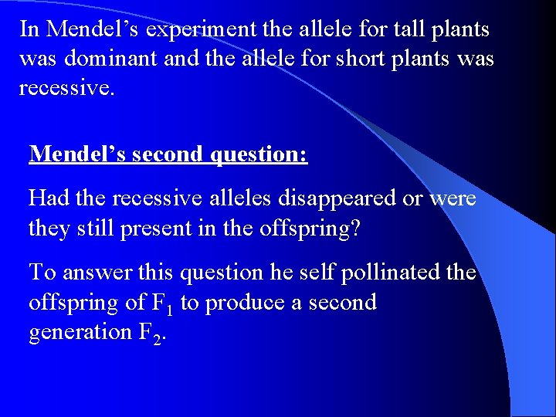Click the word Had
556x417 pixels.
click(49, 198)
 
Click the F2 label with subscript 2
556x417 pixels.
click(150, 333)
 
